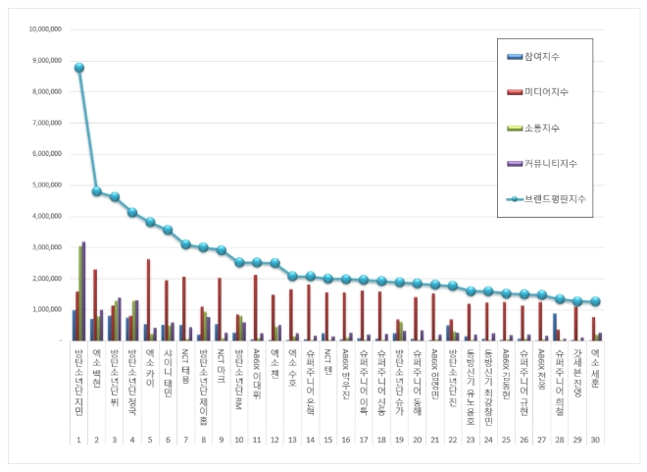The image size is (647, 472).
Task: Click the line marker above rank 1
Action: [x=79, y=68]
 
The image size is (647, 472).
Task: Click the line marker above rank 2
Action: [x=97, y=191]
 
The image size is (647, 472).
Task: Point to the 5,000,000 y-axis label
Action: [x=45, y=184]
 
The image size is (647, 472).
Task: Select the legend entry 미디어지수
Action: [x=546, y=91]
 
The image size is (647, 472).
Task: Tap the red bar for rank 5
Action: [x=148, y=299]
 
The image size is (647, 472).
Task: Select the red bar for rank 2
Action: [x=94, y=304]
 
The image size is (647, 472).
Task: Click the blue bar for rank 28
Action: [x=555, y=327]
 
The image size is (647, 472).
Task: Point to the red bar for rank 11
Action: [x=255, y=307]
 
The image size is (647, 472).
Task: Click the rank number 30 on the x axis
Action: [x=595, y=412]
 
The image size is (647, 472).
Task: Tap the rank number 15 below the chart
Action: [x=327, y=412]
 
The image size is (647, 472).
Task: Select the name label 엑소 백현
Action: [x=97, y=363]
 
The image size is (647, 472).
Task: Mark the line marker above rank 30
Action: [x=595, y=301]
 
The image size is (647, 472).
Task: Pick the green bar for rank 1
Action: [x=80, y=292]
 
